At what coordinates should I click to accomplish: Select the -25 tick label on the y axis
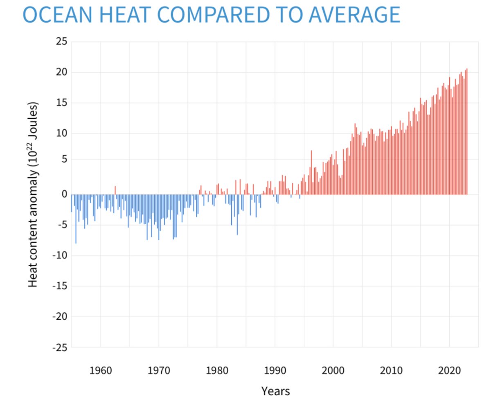[x=59, y=347]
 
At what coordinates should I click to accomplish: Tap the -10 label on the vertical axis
[x=59, y=256]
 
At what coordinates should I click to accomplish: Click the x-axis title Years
[x=275, y=391]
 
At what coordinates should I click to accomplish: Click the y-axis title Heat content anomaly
[x=33, y=194]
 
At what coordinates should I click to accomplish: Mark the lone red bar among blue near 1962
[x=115, y=190]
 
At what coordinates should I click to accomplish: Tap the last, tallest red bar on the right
[x=467, y=131]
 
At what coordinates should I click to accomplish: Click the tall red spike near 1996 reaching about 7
[x=311, y=172]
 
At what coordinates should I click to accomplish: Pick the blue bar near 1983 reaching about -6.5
[x=237, y=215]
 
